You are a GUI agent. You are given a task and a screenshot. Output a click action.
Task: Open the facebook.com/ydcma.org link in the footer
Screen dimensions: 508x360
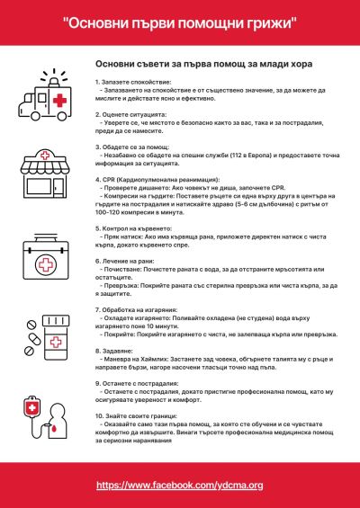180,485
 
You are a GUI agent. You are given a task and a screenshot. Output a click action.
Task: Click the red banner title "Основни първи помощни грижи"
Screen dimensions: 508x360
180,20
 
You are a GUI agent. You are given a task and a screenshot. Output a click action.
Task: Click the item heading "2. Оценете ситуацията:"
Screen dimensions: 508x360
130,116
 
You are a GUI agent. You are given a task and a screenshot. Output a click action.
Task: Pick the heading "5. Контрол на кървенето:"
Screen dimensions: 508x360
136,229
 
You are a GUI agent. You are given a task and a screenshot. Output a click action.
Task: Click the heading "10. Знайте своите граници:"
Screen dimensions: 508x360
139,418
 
